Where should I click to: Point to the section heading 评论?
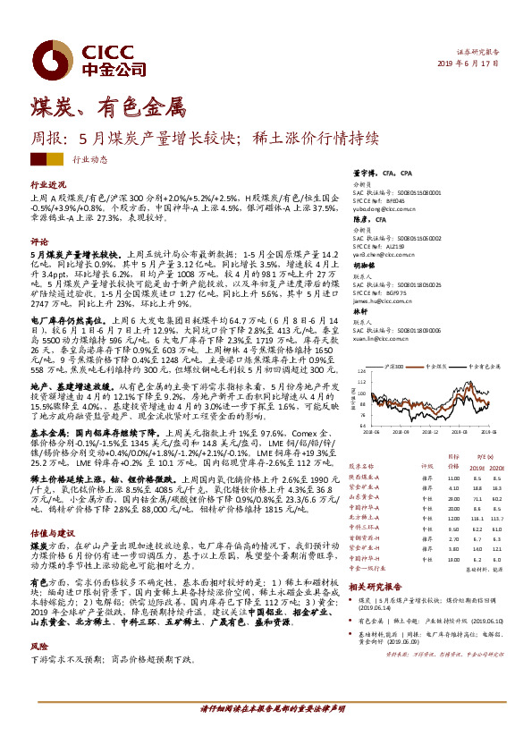tap(38, 241)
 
